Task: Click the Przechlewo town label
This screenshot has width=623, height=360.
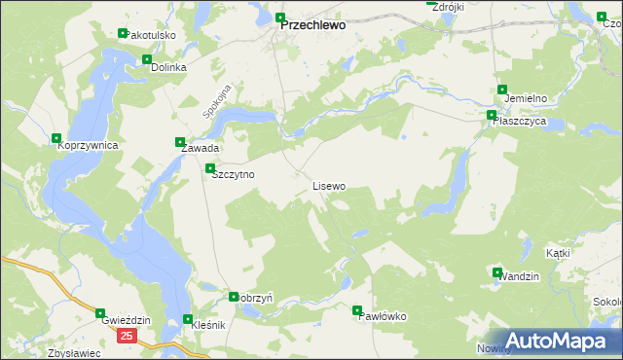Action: [312, 27]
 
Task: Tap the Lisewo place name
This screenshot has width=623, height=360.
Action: [328, 185]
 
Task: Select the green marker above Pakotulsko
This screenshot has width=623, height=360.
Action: [123, 34]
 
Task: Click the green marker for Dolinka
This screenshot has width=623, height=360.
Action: [148, 59]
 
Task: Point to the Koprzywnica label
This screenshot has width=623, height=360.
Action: [88, 145]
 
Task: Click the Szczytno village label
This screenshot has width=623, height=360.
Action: [233, 174]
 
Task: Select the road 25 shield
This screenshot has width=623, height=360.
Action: [128, 335]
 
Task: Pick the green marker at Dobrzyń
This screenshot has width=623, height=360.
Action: [234, 297]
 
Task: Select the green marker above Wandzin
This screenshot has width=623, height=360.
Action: [497, 273]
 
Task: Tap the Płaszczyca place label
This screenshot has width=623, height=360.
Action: [519, 122]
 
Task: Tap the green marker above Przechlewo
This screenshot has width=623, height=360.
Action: [281, 18]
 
